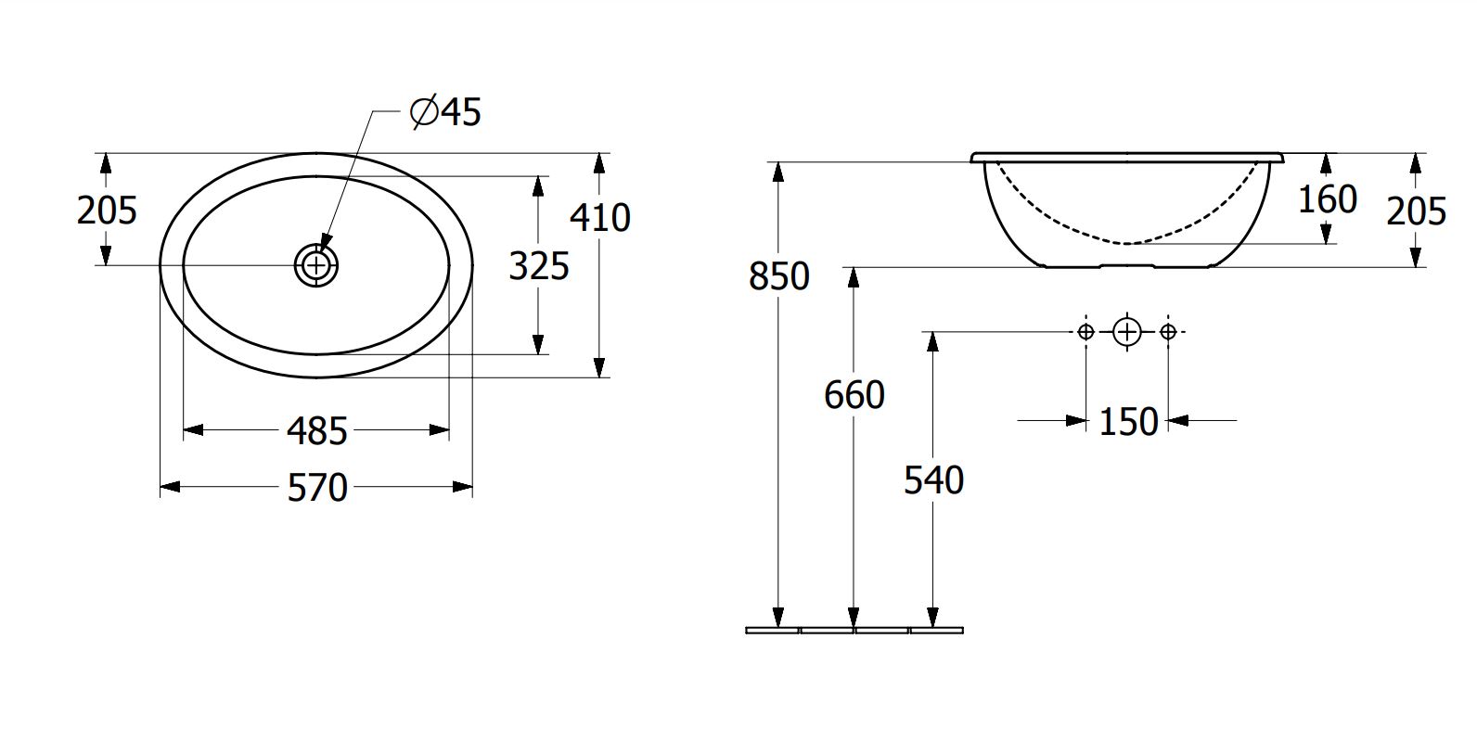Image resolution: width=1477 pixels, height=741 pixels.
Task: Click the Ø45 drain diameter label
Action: (x=445, y=112)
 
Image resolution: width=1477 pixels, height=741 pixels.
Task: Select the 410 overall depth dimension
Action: (x=600, y=218)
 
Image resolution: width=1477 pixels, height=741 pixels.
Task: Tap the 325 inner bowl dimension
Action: (x=539, y=267)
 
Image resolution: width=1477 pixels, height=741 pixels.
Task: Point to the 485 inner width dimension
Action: (x=316, y=432)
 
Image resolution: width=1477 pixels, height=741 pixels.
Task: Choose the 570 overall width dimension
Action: (x=317, y=489)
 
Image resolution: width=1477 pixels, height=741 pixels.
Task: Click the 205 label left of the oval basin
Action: (x=107, y=211)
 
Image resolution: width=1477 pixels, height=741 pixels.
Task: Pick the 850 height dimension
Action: (x=778, y=276)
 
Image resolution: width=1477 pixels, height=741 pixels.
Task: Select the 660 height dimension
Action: (x=854, y=396)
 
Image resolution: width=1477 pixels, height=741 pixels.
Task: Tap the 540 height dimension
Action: (x=933, y=480)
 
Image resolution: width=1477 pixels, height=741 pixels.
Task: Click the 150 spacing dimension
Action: (x=1128, y=422)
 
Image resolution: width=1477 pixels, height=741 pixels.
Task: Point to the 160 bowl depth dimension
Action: (x=1328, y=199)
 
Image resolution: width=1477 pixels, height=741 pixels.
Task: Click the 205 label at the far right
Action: (x=1417, y=211)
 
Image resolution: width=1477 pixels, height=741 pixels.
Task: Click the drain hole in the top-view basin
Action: (x=316, y=265)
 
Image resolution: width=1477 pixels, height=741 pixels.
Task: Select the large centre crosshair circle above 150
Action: (x=1127, y=332)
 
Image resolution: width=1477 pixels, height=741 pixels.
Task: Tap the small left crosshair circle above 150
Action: (x=1086, y=332)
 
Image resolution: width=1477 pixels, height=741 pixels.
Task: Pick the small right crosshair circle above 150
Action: (x=1168, y=332)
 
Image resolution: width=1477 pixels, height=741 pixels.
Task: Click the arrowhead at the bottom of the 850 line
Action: (x=778, y=617)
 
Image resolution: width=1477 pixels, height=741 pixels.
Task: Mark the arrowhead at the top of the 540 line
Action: (x=932, y=342)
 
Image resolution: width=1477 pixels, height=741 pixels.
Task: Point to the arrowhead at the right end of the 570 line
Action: (x=462, y=487)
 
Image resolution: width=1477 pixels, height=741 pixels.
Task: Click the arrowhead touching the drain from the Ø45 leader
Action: (x=325, y=241)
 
